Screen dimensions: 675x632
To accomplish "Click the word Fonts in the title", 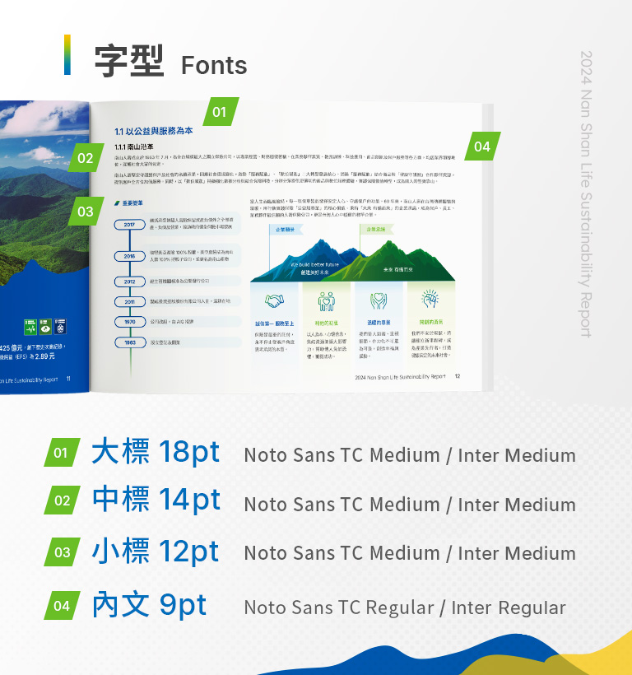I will coord(214,65).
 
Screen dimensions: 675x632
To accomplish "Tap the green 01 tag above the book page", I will coord(219,112).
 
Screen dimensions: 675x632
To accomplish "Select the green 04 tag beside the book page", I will coord(482,147).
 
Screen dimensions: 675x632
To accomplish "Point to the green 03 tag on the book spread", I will coord(86,212).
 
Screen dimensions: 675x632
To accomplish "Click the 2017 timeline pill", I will coord(130,225).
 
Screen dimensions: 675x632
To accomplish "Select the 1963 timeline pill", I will coord(130,342).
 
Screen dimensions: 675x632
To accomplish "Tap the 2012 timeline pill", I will coord(130,282).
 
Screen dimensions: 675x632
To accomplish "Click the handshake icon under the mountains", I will coord(274,300).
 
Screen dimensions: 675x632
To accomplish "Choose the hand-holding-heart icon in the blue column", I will coord(378,300).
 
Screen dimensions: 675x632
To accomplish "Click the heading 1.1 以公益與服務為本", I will coord(154,131).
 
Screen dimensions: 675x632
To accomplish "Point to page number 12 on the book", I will coord(458,375).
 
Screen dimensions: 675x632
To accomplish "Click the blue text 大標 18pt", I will coord(156,452).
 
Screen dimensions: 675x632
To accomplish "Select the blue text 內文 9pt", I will coord(149,605).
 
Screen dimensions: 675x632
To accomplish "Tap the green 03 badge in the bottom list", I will coord(63,552).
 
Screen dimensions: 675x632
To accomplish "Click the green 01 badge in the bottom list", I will coord(61,453).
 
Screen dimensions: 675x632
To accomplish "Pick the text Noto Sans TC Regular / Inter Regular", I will coord(405,608).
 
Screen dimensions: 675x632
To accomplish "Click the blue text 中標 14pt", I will coord(156,500).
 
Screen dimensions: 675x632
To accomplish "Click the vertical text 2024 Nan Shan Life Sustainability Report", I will coord(586,193).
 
